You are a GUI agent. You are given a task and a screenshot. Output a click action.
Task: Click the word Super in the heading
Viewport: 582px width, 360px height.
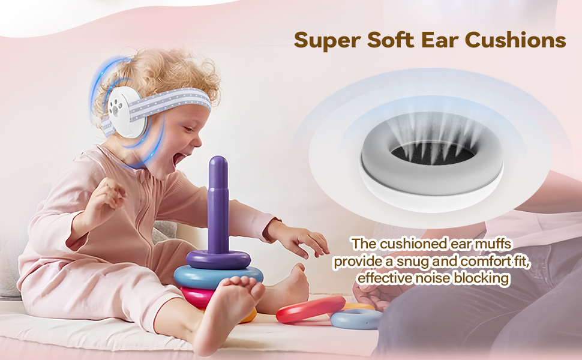tap(326, 41)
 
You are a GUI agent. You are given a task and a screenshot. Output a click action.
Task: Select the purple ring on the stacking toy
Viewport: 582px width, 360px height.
tap(218, 259)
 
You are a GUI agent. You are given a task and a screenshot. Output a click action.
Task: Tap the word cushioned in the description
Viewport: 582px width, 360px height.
tap(410, 244)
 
